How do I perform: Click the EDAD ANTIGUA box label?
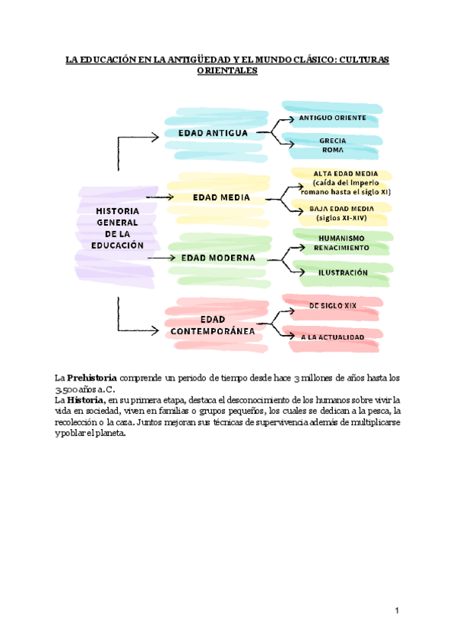(x=213, y=133)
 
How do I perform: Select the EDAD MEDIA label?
(x=221, y=197)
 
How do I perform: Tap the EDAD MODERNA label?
(x=217, y=257)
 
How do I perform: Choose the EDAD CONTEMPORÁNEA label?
(x=213, y=325)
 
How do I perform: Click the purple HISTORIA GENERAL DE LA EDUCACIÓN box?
(x=117, y=228)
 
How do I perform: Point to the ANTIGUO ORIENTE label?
(x=332, y=118)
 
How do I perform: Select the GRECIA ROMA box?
(x=332, y=146)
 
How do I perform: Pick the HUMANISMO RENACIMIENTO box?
(x=341, y=243)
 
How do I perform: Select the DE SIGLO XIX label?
(x=333, y=305)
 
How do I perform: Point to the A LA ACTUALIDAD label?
(x=332, y=336)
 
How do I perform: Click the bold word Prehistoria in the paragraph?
(x=92, y=377)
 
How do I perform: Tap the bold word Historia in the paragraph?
(x=85, y=399)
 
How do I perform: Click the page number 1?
(x=397, y=611)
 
